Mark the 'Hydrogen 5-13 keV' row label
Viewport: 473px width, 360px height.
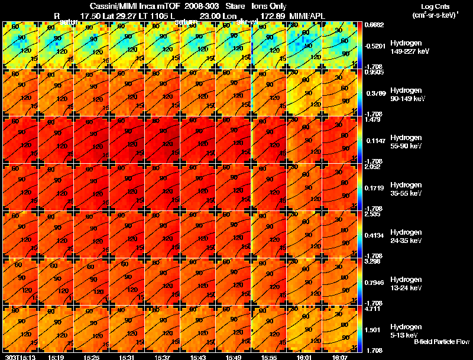(x=406, y=331)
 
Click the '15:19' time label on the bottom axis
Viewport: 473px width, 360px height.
(x=56, y=357)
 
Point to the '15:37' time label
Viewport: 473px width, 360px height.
(x=163, y=357)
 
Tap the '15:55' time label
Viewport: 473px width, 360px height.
(x=270, y=357)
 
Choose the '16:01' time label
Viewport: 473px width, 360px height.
(x=304, y=357)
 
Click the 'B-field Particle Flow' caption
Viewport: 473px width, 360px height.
(x=442, y=342)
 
